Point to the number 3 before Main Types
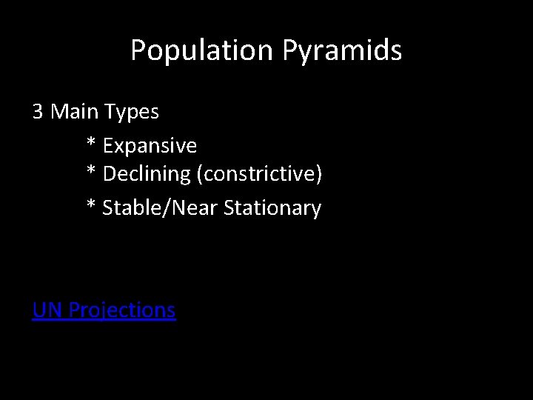(x=38, y=113)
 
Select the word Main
(x=75, y=113)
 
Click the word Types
(x=132, y=113)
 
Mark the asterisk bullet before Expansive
(x=92, y=143)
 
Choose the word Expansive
(x=150, y=145)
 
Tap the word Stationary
(x=272, y=209)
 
